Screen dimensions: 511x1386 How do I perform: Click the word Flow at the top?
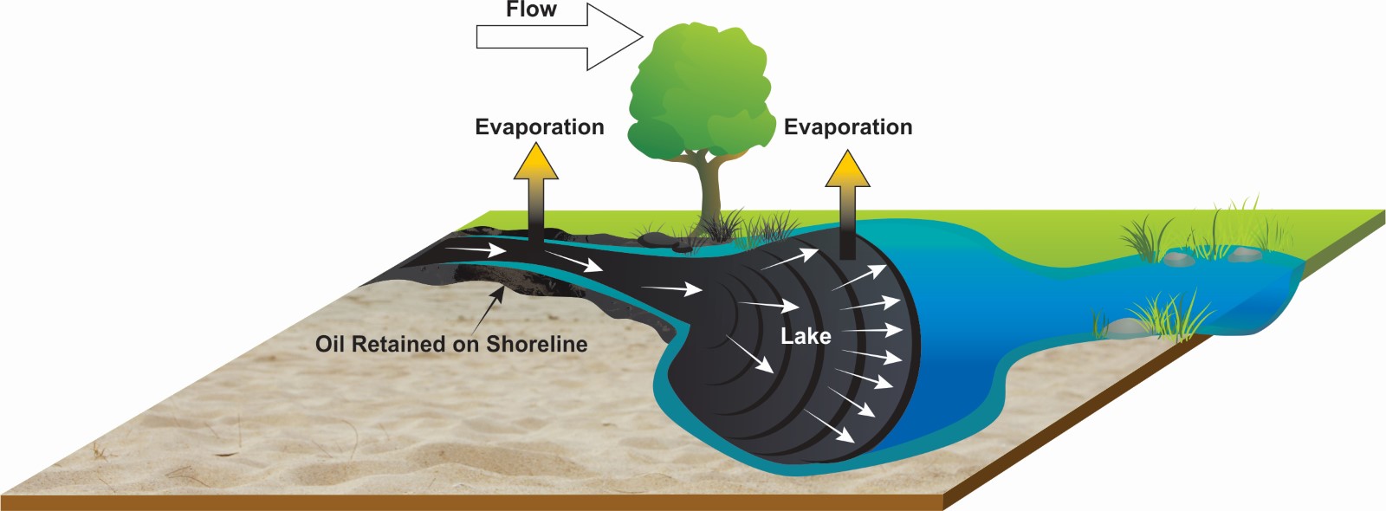click(x=531, y=10)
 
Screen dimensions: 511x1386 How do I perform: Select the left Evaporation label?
click(x=539, y=127)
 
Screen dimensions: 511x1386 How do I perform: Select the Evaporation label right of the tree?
click(x=847, y=127)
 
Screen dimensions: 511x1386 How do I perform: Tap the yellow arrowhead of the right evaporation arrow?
click(x=846, y=170)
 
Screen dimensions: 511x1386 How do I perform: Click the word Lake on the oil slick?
click(x=806, y=336)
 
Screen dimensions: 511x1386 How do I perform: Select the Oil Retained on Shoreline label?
click(x=450, y=344)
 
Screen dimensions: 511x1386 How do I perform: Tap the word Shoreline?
click(x=536, y=344)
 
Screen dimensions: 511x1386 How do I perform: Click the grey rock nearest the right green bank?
click(x=1245, y=254)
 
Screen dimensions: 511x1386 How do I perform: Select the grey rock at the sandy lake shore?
click(x=1124, y=327)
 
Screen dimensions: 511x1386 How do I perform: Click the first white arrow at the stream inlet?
click(x=476, y=250)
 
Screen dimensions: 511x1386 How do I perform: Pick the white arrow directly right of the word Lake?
click(x=872, y=331)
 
